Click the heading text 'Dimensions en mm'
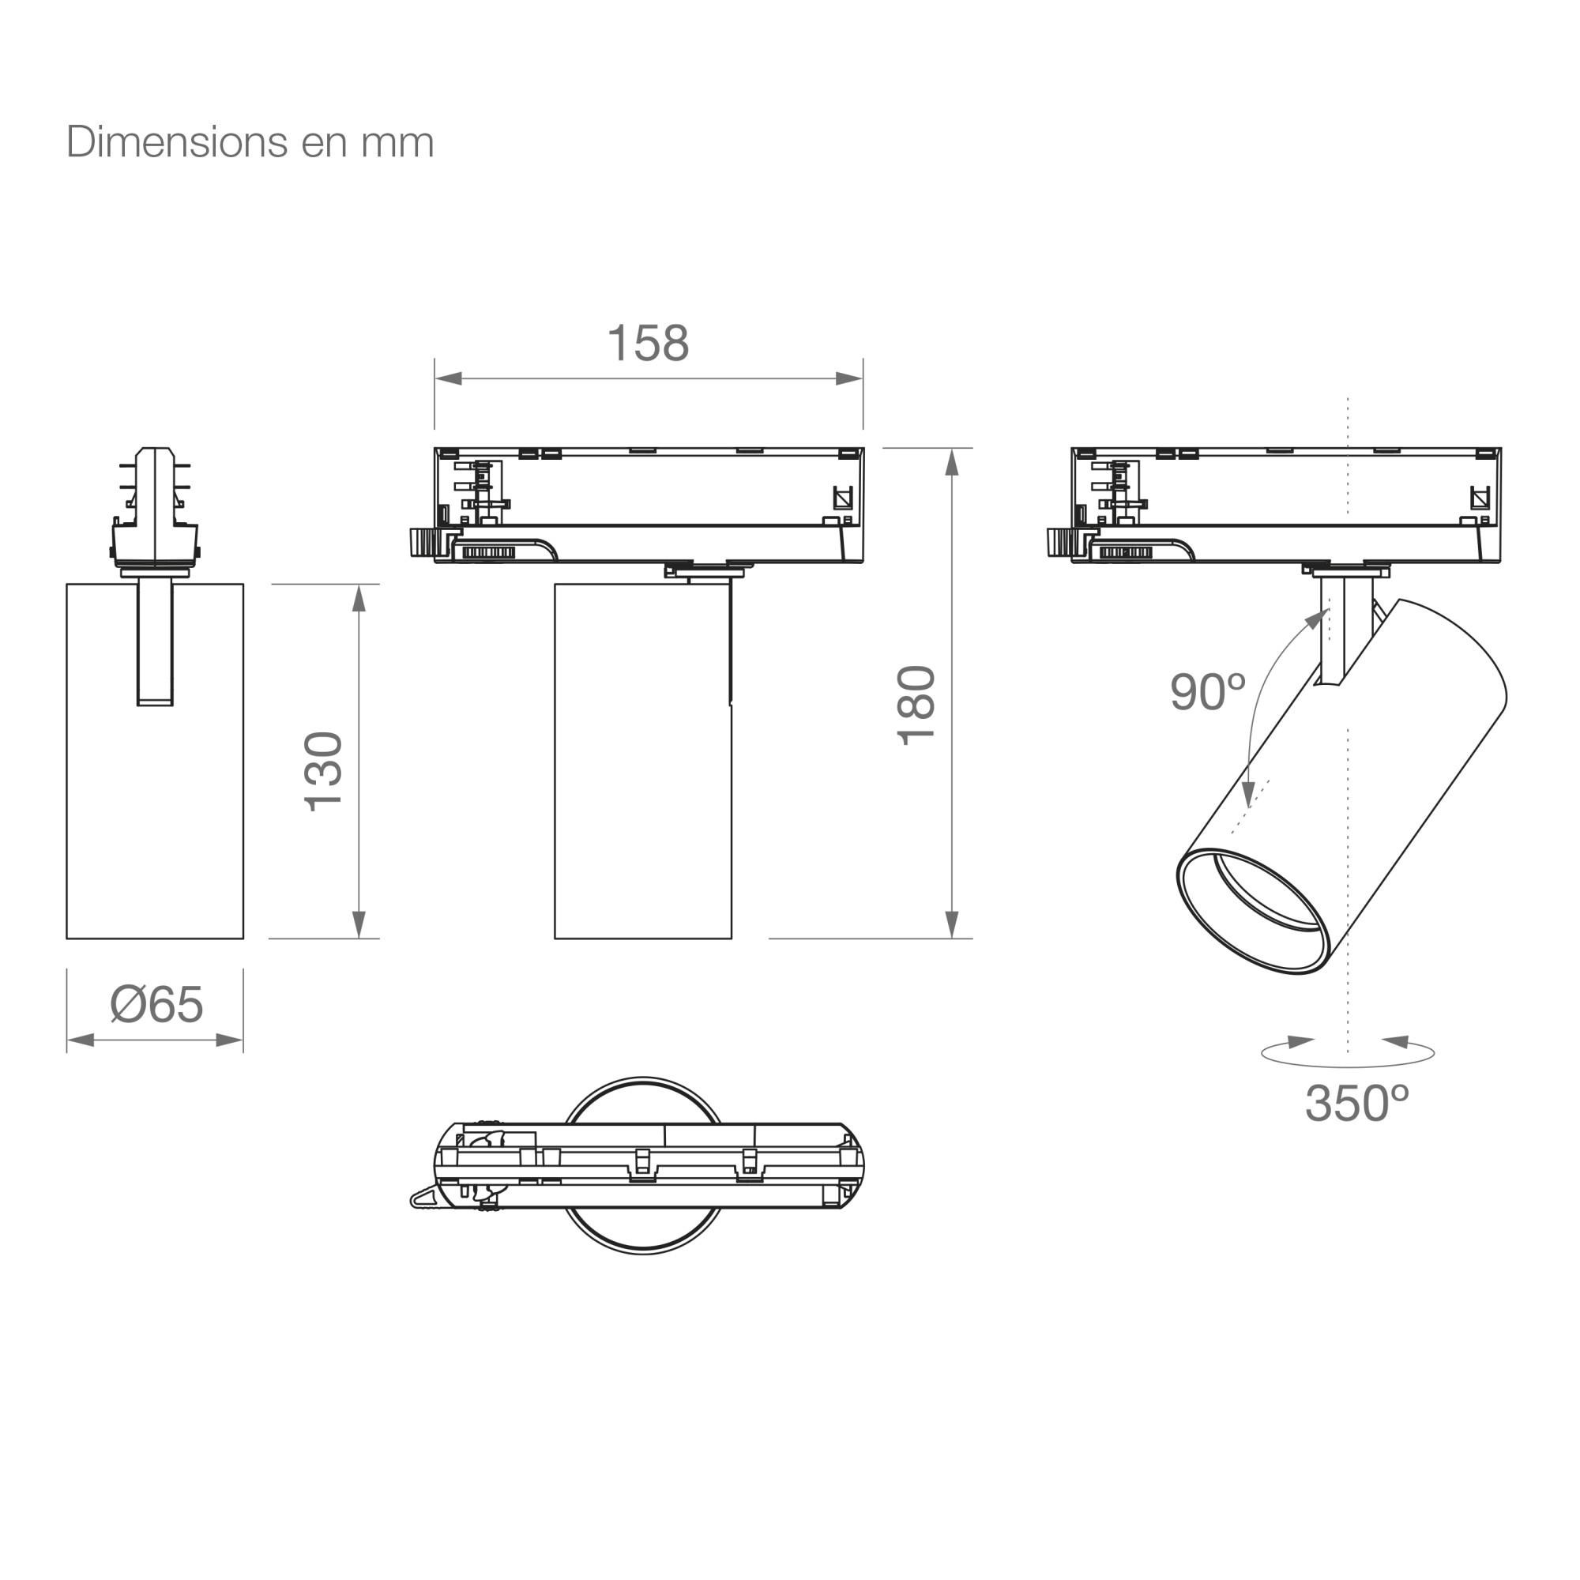click(250, 142)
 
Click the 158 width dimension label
click(649, 343)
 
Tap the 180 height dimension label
click(916, 705)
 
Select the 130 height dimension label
click(323, 771)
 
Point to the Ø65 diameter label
click(156, 1004)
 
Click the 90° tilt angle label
click(1207, 692)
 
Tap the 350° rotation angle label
click(1357, 1103)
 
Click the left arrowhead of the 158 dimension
click(448, 378)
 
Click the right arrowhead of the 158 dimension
click(849, 378)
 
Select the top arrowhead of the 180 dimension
click(951, 462)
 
